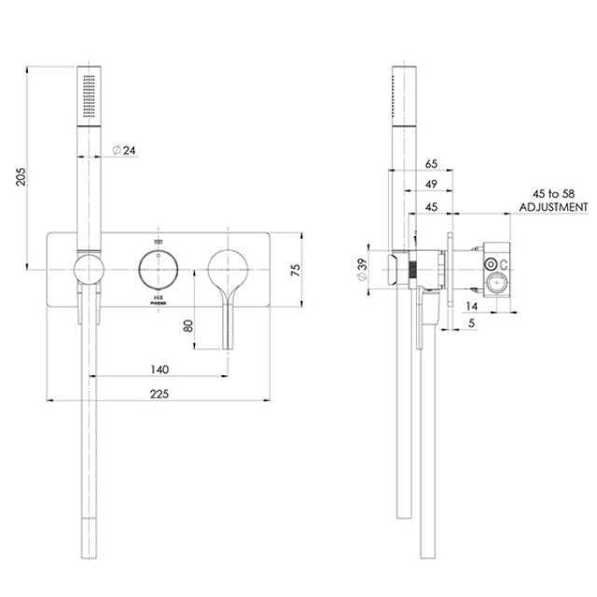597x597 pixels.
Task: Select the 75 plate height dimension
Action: (295, 269)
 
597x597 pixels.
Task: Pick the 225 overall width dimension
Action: (159, 394)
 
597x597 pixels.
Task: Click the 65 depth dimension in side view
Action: (430, 163)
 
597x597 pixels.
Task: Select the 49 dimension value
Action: (430, 185)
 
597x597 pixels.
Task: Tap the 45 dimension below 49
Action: (430, 206)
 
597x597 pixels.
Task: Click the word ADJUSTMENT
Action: (553, 207)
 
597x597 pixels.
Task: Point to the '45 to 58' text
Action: (553, 193)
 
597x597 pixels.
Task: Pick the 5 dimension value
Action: (473, 324)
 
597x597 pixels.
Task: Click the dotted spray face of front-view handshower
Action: (87, 93)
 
